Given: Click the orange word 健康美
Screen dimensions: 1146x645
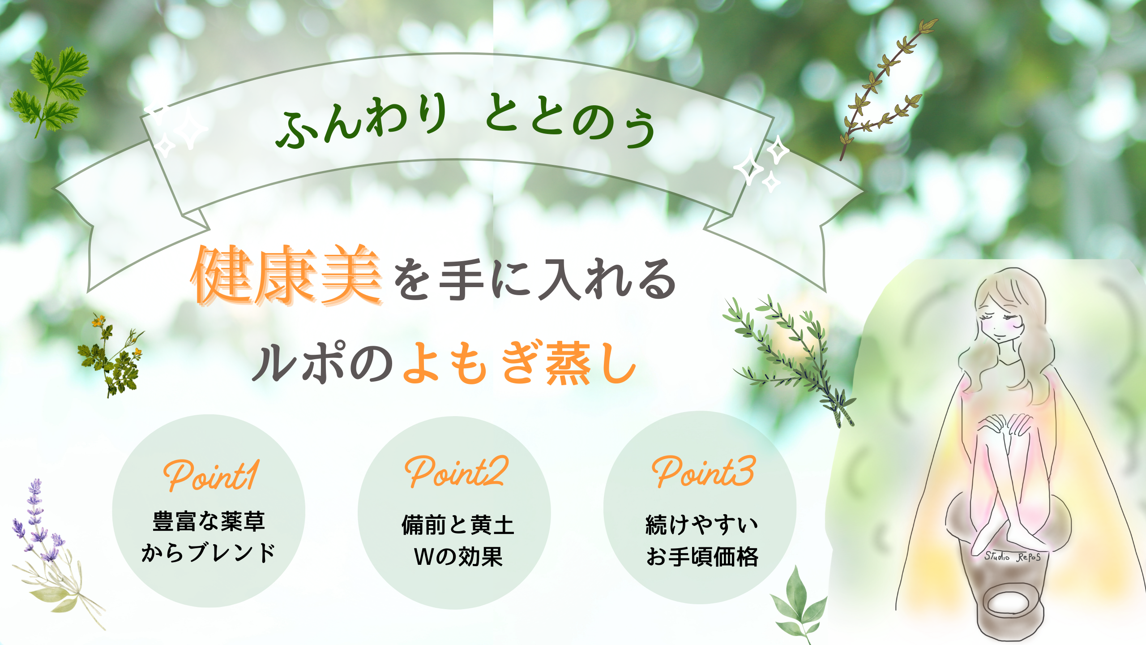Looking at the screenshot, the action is click(286, 275).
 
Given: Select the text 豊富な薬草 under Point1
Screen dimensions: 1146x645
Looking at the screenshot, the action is click(209, 521).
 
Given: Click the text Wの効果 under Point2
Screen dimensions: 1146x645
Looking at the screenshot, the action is click(458, 556).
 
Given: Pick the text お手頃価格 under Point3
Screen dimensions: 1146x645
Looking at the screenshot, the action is click(702, 556).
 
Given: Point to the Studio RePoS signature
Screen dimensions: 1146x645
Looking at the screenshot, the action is click(1012, 557).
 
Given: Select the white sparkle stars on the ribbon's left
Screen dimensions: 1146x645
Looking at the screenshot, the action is click(176, 128).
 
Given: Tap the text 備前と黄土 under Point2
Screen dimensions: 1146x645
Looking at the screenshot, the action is click(458, 525).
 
